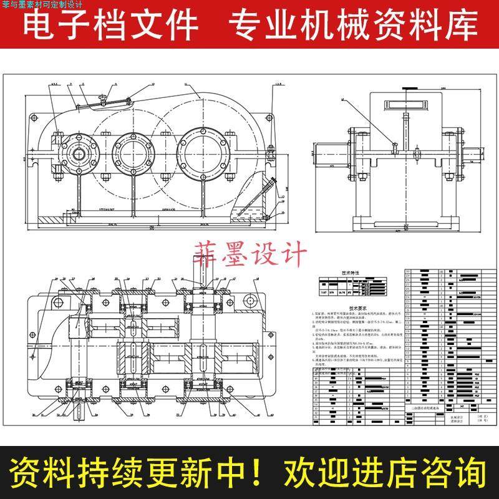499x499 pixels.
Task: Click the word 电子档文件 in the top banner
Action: coord(110,26)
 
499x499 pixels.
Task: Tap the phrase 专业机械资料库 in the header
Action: coord(353,26)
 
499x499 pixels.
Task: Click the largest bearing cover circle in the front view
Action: coord(203,149)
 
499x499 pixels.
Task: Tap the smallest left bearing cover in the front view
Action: coord(77,150)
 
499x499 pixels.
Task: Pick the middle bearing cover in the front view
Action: coord(135,150)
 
